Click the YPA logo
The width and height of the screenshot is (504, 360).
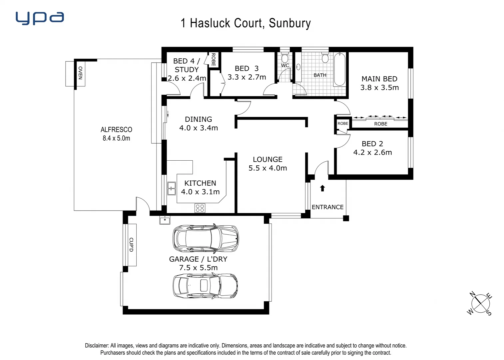(40, 18)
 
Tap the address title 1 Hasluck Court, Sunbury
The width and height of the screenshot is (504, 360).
(246, 23)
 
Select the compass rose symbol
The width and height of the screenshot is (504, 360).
(480, 304)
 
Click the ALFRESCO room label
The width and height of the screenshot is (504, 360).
(116, 130)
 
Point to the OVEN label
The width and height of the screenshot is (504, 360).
(80, 73)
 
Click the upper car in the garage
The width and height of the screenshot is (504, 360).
(206, 238)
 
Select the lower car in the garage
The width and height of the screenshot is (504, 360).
(205, 286)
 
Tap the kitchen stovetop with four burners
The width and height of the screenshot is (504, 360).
(200, 208)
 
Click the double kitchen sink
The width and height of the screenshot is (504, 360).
(171, 188)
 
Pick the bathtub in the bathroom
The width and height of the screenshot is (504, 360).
(339, 69)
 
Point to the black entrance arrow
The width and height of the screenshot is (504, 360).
(322, 188)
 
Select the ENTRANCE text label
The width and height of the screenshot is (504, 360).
(327, 207)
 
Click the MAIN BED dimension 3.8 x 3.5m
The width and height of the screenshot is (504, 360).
(379, 88)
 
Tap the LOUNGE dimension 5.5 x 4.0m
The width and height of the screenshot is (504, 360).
(267, 168)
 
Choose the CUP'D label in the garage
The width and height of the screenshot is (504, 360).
(131, 245)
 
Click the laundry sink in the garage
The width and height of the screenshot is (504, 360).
(165, 220)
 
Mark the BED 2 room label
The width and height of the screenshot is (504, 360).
(372, 144)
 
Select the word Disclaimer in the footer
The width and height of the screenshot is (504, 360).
(97, 346)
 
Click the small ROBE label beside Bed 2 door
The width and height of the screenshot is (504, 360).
(342, 123)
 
